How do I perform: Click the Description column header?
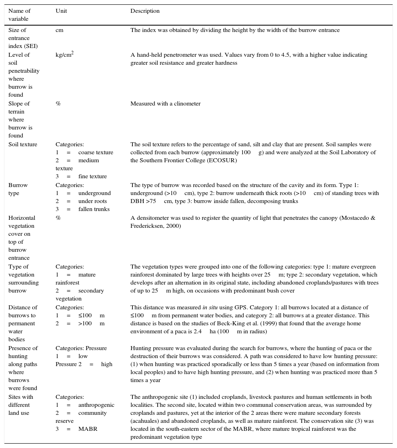tap(145, 11)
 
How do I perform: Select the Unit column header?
tap(61, 11)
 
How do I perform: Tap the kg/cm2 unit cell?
tap(64, 55)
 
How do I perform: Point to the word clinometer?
tap(187, 104)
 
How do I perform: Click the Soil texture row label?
tap(23, 144)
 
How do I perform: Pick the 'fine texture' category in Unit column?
tap(92, 176)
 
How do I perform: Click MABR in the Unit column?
tap(88, 429)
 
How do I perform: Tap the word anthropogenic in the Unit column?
tap(96, 405)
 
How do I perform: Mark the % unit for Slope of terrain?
tap(58, 104)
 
